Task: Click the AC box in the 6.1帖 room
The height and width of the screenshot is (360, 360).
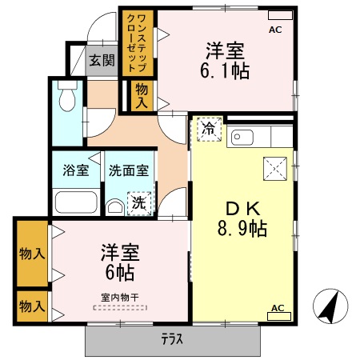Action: [x=276, y=30]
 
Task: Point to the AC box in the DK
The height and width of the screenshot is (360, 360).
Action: [x=278, y=309]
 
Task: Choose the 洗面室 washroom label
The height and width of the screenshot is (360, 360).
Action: [x=128, y=170]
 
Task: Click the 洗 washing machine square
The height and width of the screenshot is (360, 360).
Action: [x=139, y=204]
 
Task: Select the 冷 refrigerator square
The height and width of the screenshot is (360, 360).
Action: [x=209, y=129]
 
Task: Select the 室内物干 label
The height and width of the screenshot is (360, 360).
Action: [x=119, y=298]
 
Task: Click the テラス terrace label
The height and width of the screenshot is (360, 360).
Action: [x=170, y=339]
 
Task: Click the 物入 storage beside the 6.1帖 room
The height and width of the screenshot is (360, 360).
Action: [x=142, y=95]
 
